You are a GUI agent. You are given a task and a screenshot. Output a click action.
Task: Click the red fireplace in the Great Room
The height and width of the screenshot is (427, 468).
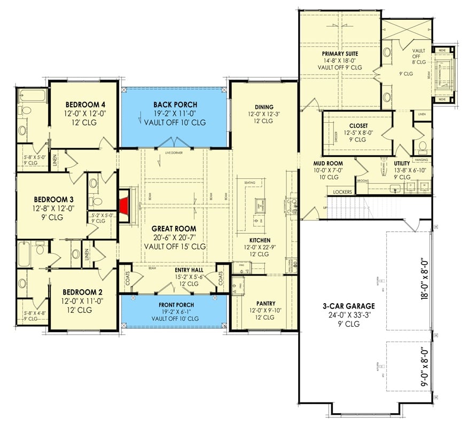[124, 203]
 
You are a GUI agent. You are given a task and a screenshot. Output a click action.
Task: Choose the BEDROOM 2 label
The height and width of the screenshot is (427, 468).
[82, 292]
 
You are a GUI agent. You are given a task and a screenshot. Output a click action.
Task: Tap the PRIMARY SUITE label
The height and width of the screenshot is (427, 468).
[340, 54]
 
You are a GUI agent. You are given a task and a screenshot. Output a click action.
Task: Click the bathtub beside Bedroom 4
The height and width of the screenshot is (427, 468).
[25, 97]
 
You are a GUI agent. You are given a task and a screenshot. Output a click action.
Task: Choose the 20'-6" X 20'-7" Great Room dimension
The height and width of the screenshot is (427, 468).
[175, 238]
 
